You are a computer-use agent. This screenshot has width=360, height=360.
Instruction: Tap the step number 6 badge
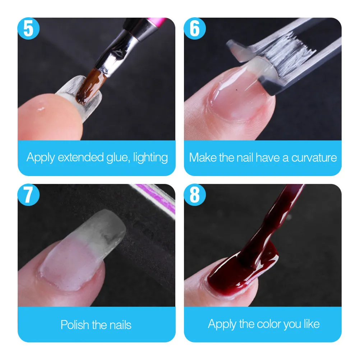194,28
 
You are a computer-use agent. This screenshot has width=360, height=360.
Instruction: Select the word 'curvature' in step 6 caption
314,158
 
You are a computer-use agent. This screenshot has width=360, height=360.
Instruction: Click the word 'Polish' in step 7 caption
75,325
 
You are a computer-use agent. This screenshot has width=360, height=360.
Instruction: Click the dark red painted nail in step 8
230,273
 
